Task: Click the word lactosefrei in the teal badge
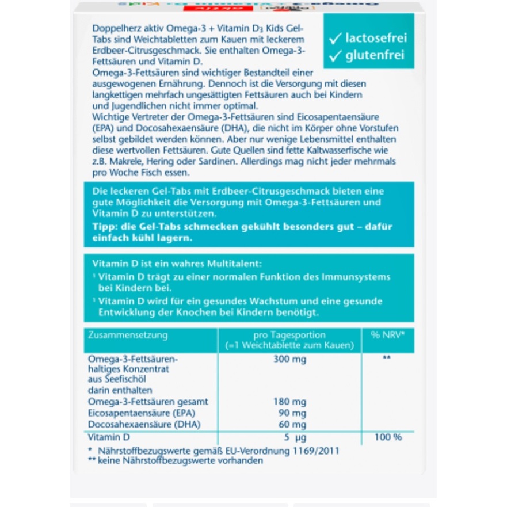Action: pyautogui.click(x=376, y=39)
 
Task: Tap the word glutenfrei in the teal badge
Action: pyautogui.click(x=375, y=56)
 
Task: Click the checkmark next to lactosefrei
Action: pyautogui.click(x=335, y=39)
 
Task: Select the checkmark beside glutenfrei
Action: pyautogui.click(x=335, y=56)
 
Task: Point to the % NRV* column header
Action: pyautogui.click(x=387, y=335)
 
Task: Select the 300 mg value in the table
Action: pyautogui.click(x=289, y=360)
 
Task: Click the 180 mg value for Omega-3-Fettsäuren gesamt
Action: pyautogui.click(x=289, y=402)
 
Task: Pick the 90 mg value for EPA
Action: pyautogui.click(x=292, y=413)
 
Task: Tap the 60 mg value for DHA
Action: pyautogui.click(x=292, y=425)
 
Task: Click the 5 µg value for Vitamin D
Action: pyautogui.click(x=293, y=437)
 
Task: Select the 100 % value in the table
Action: pyautogui.click(x=388, y=437)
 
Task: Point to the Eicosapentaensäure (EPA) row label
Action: pyautogui.click(x=138, y=413)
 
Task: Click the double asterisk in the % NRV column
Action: pyautogui.click(x=387, y=358)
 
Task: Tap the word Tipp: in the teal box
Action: pyautogui.click(x=104, y=226)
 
